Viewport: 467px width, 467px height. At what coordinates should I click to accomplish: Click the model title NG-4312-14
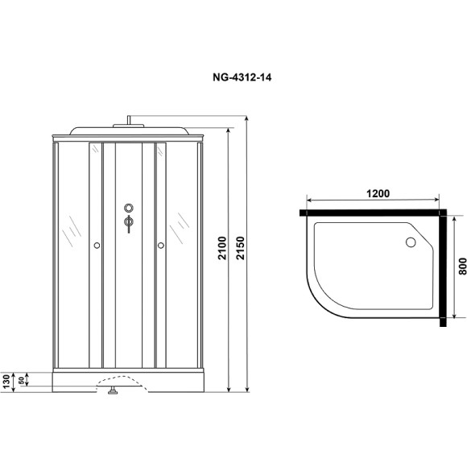point(242,77)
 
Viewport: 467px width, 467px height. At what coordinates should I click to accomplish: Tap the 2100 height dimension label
point(222,248)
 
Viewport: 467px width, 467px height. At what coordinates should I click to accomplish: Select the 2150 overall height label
point(240,248)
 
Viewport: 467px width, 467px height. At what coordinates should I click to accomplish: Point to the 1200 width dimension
point(378,193)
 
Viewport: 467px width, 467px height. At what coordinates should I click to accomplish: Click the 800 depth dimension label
point(462,267)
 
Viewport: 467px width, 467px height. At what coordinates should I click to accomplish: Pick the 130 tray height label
point(6,382)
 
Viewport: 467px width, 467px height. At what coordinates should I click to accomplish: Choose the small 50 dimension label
point(21,380)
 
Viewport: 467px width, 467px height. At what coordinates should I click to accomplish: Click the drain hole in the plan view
point(411,242)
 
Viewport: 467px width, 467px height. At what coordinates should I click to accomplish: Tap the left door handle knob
point(97,246)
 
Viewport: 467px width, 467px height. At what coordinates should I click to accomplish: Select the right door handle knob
point(161,246)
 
